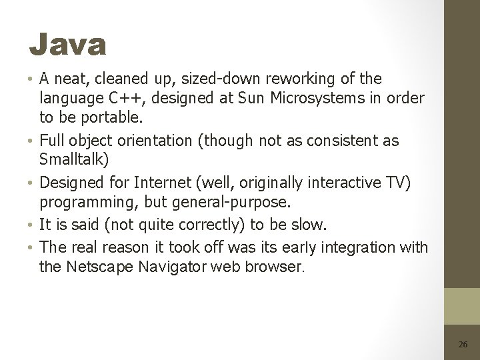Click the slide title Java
67,45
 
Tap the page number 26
463,345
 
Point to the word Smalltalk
76,160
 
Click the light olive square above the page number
463,306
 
